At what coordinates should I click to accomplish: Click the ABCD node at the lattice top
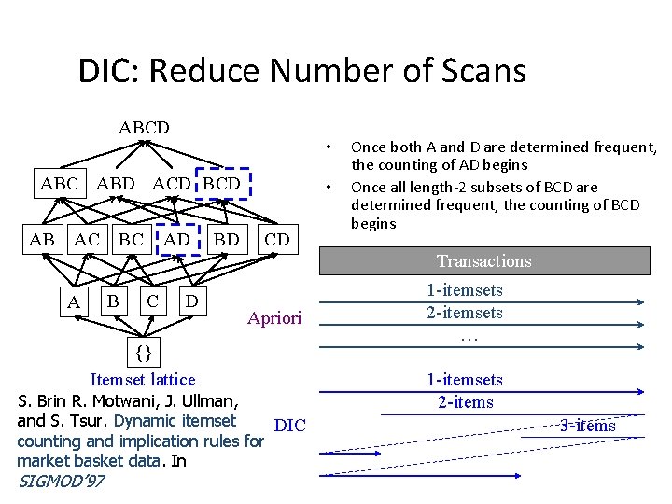pos(144,127)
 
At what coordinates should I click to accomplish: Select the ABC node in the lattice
pos(59,184)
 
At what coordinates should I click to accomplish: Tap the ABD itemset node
pos(115,184)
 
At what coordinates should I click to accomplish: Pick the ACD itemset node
pos(172,184)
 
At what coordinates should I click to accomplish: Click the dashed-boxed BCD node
pos(222,184)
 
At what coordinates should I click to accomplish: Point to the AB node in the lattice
pos(42,240)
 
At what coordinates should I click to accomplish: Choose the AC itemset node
pos(87,240)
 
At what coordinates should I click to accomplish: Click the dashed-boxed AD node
pos(177,240)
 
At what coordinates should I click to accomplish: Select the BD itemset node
pos(226,240)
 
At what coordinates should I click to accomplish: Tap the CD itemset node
pos(276,240)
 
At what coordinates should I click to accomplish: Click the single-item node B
pos(112,301)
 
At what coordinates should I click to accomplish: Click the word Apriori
pos(274,319)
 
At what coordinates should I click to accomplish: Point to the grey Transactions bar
pos(484,261)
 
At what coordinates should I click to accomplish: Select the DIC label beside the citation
pos(291,426)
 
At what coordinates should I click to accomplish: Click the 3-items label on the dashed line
pos(587,426)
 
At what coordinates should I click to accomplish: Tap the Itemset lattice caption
pos(142,380)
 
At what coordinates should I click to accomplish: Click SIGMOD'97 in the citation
pos(61,482)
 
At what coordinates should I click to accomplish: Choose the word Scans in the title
pos(480,71)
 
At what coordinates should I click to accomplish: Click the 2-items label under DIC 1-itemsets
pos(465,402)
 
